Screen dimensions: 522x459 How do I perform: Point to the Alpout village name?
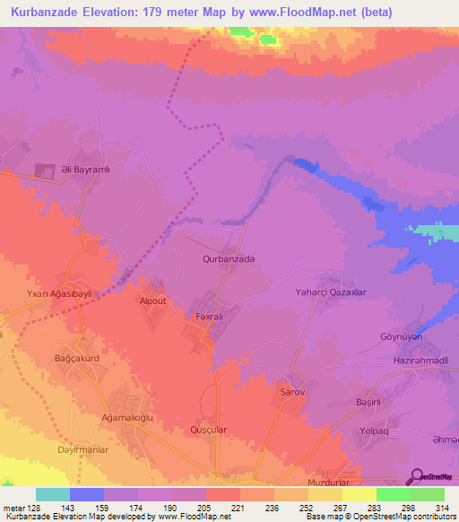(152, 301)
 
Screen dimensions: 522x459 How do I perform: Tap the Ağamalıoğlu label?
(125, 419)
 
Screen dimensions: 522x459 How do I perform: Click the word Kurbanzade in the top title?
(49, 12)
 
